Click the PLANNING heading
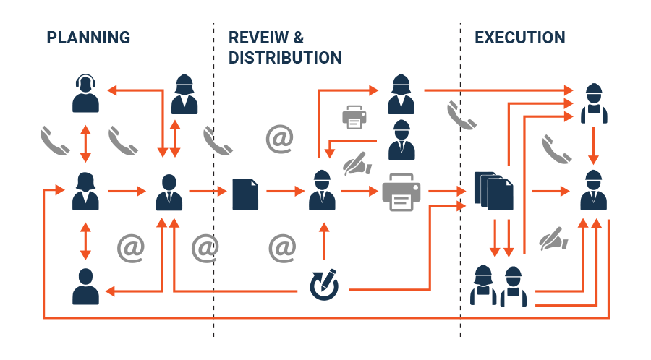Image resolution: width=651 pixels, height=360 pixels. (88, 38)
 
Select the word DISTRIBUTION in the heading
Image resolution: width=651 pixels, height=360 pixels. (285, 57)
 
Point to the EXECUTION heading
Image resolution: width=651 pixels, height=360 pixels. (520, 38)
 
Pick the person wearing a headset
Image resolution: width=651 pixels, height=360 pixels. (85, 93)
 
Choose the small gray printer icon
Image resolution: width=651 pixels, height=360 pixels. (354, 116)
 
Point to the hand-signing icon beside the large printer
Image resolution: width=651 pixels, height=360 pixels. (357, 164)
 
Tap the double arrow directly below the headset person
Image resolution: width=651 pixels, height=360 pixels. (85, 142)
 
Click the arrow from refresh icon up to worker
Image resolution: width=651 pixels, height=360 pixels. (323, 240)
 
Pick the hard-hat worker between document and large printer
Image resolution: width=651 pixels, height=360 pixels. (323, 190)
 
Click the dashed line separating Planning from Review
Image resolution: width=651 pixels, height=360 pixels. (214, 181)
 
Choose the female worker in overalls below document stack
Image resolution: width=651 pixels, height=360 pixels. (483, 286)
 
